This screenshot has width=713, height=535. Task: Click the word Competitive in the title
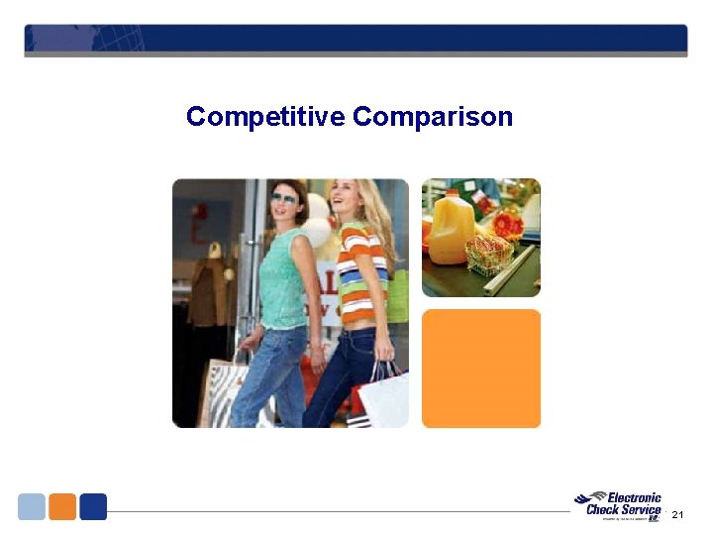click(x=265, y=117)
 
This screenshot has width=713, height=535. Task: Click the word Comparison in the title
click(x=433, y=117)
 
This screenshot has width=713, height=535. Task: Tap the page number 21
click(x=677, y=515)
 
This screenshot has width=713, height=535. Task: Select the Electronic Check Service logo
click(x=619, y=505)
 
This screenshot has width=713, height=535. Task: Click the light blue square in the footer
click(x=32, y=506)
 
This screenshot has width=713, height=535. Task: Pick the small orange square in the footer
click(x=62, y=506)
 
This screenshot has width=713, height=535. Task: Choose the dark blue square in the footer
click(x=93, y=506)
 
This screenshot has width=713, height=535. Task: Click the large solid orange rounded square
click(x=481, y=369)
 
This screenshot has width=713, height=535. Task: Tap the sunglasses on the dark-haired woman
click(x=283, y=198)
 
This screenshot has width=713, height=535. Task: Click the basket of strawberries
click(x=489, y=256)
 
